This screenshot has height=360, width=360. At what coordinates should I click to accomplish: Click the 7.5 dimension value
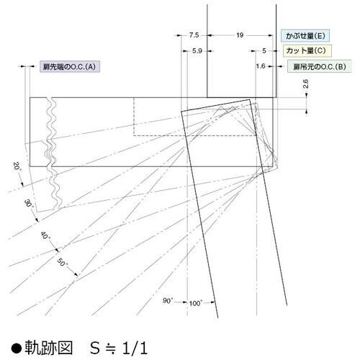[x=194, y=35]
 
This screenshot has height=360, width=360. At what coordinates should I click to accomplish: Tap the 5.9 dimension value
[x=197, y=50]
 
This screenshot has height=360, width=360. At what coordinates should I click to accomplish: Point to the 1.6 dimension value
[x=261, y=66]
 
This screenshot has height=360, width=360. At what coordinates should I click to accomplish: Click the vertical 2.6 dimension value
[x=305, y=85]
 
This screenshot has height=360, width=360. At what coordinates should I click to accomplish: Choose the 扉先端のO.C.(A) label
[x=70, y=66]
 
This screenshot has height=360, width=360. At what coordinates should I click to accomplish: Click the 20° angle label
[x=17, y=166]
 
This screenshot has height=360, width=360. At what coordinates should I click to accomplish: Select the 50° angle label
[x=62, y=263]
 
